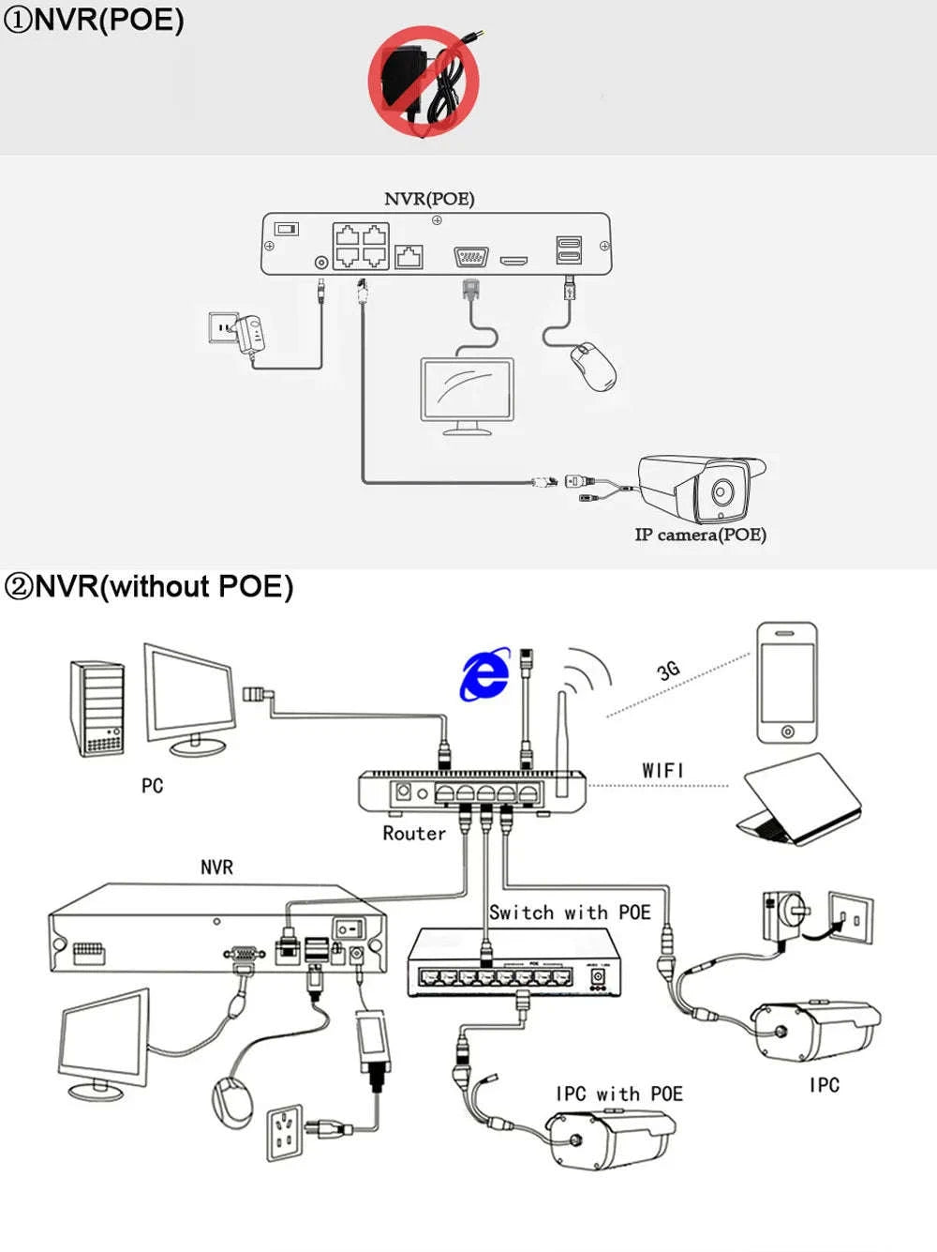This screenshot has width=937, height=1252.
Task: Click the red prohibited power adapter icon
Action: click(424, 81)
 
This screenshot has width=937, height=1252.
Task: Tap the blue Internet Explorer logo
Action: click(484, 673)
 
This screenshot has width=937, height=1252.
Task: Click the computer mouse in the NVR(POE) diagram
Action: click(594, 367)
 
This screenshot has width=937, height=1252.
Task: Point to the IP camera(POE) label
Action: click(700, 535)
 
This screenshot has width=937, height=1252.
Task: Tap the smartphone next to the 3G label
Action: click(787, 682)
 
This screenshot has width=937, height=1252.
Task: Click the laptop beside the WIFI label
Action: click(798, 800)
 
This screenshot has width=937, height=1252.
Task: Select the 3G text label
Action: click(668, 671)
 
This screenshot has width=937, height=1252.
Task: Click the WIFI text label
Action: click(662, 770)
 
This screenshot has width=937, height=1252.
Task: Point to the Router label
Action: click(413, 833)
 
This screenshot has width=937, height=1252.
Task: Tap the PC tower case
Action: click(97, 708)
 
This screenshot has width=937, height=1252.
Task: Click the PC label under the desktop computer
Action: click(152, 786)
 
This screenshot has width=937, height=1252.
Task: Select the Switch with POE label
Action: click(570, 913)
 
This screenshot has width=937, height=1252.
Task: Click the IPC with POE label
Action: click(618, 1094)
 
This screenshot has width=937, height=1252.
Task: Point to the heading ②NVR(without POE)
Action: click(149, 587)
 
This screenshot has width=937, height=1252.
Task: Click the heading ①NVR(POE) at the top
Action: click(94, 20)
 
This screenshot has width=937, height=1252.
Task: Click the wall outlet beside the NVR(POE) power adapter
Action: click(222, 327)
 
